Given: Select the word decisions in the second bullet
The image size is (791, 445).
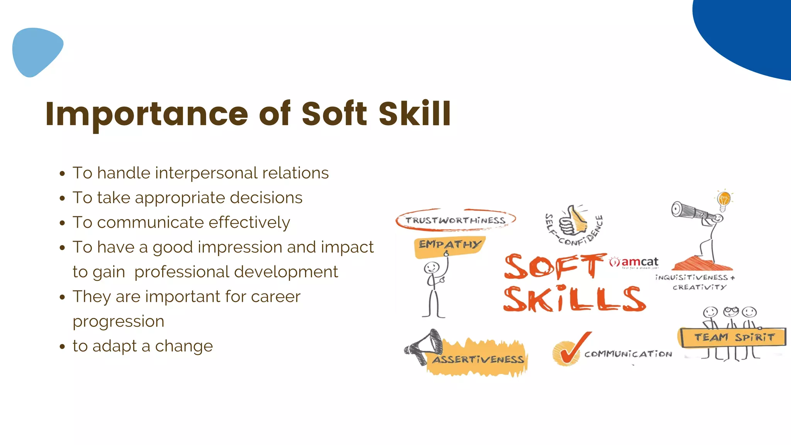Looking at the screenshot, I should click(x=266, y=198).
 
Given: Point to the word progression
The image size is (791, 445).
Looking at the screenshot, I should click(x=119, y=321).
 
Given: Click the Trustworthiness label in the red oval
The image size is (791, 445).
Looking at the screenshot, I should click(x=455, y=220).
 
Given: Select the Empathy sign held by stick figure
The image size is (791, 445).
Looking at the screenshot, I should click(x=450, y=245).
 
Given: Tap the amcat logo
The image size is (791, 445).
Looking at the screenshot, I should click(x=635, y=262).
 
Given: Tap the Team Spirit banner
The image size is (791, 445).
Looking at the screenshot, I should click(x=733, y=338).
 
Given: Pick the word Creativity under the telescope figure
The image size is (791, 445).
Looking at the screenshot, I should click(x=699, y=287).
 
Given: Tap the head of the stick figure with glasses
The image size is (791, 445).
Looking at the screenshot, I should click(x=731, y=311).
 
